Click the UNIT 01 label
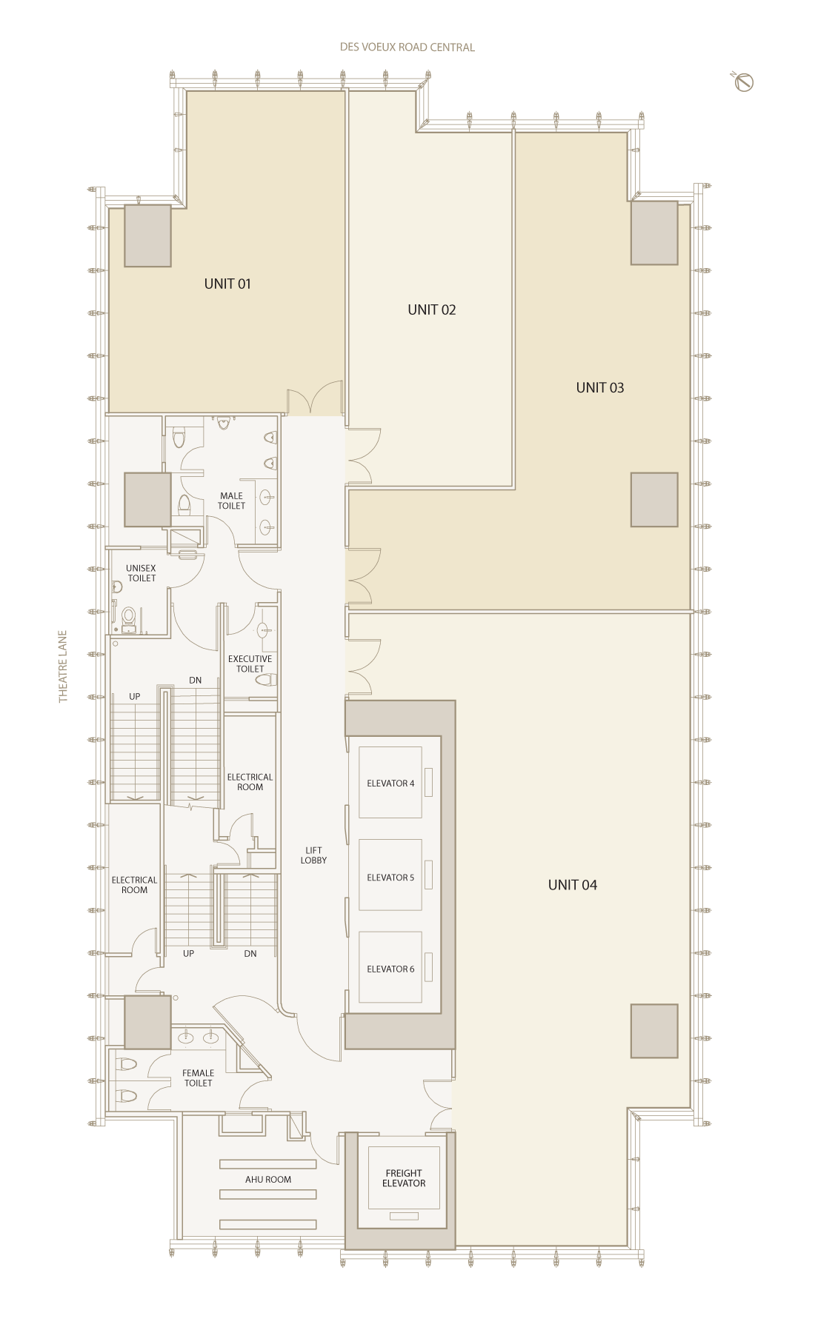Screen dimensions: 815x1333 pyautogui.click(x=227, y=284)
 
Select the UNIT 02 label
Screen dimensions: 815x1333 pyautogui.click(x=432, y=310)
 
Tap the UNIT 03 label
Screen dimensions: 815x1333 pyautogui.click(x=600, y=387)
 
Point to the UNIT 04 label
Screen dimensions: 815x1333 pyautogui.click(x=573, y=885)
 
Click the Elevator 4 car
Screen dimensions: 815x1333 pyautogui.click(x=390, y=783)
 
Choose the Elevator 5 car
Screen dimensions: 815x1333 pyautogui.click(x=390, y=875)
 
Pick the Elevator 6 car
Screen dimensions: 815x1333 pyautogui.click(x=390, y=967)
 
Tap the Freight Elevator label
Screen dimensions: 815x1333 pyautogui.click(x=404, y=1178)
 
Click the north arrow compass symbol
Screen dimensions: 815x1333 pyautogui.click(x=744, y=82)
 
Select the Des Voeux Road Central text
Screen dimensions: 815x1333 pyautogui.click(x=408, y=47)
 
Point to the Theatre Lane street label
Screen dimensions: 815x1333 pyautogui.click(x=63, y=666)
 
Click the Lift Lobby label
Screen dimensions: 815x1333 pyautogui.click(x=313, y=855)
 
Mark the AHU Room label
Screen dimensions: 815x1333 pyautogui.click(x=268, y=1180)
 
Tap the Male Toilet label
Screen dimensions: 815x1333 pyautogui.click(x=231, y=501)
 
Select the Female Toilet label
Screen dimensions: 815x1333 pyautogui.click(x=199, y=1078)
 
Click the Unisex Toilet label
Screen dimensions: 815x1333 pyautogui.click(x=142, y=573)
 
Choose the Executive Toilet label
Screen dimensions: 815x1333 pyautogui.click(x=250, y=664)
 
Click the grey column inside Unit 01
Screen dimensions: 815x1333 pyautogui.click(x=147, y=235)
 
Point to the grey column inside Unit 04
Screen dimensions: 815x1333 pyautogui.click(x=654, y=1031)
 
